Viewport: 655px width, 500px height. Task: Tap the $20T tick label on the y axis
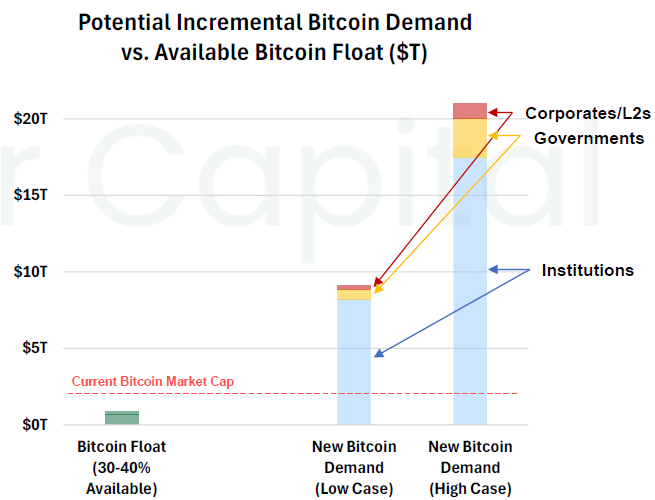coord(31,118)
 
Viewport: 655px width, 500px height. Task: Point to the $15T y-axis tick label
coord(31,195)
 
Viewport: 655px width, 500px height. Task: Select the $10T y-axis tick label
coord(31,272)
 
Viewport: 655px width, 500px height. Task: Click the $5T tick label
coord(34,348)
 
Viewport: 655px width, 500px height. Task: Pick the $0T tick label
coord(34,425)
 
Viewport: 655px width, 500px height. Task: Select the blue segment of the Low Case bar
coord(353,360)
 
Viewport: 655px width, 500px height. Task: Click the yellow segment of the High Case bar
coord(469,138)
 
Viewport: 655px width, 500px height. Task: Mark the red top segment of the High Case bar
coord(469,110)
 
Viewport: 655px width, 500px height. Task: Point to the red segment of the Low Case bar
coord(353,287)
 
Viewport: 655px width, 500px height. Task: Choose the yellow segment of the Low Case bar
coord(353,294)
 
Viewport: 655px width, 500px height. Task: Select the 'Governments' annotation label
coord(589,138)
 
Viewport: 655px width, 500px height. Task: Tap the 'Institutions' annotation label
coord(587,270)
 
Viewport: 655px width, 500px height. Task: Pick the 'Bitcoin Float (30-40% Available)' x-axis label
coord(122,467)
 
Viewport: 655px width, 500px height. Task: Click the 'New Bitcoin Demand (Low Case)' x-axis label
coord(353,467)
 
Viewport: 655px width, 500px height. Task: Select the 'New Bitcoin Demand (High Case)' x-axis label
coord(469,467)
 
